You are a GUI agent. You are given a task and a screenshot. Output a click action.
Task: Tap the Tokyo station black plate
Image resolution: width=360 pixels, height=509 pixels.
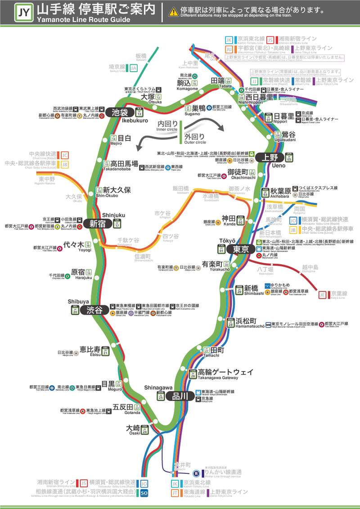pyautogui.click(x=240, y=249)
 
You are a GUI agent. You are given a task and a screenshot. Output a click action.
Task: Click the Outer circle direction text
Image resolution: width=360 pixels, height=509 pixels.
pyautogui.click(x=194, y=137)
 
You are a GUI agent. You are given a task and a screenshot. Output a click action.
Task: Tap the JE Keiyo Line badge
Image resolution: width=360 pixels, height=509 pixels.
pyautogui.click(x=322, y=295)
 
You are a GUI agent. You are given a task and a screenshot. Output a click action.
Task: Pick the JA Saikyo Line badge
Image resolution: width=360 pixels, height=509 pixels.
pyautogui.click(x=133, y=68)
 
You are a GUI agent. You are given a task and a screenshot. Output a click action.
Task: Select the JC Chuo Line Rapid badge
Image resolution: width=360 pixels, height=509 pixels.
pyautogui.click(x=65, y=155)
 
